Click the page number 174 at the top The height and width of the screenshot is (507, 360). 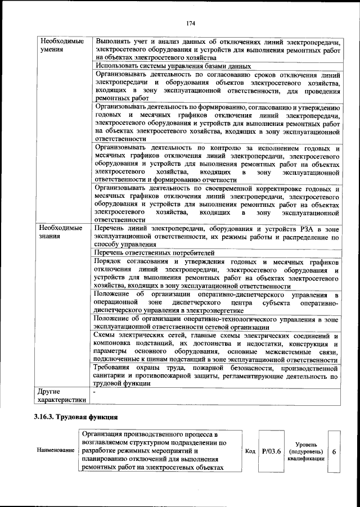(190, 23)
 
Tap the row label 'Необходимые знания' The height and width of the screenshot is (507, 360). (61, 233)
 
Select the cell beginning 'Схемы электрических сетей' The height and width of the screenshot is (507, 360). (216, 347)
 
